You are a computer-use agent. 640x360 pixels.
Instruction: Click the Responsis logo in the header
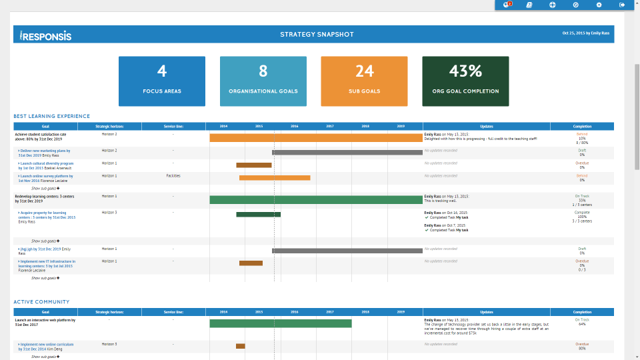(45, 35)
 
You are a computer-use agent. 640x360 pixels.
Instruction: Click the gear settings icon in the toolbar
(599, 5)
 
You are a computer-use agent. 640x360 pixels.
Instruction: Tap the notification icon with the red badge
(507, 5)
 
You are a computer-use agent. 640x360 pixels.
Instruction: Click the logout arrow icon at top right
(622, 5)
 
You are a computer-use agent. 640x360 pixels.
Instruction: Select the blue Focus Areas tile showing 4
(162, 81)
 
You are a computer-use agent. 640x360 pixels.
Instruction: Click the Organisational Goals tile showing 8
(263, 81)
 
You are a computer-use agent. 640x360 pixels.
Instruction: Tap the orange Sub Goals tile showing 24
(364, 81)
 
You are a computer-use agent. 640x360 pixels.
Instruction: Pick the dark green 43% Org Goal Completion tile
(465, 81)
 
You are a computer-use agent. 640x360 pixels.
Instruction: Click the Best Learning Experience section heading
(51, 116)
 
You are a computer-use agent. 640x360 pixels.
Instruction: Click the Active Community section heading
(41, 302)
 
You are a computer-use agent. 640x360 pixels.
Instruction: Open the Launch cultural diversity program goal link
(47, 163)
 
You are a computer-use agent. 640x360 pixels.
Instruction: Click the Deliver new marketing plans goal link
(45, 151)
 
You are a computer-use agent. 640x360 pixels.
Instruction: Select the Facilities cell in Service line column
(173, 176)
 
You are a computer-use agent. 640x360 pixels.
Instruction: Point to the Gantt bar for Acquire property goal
(258, 215)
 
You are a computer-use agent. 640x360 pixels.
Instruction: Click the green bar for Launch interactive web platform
(281, 323)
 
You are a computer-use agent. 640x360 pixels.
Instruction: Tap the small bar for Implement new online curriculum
(240, 346)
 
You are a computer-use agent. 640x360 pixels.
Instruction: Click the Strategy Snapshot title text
(317, 35)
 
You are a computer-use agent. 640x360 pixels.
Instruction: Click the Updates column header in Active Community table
(486, 312)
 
